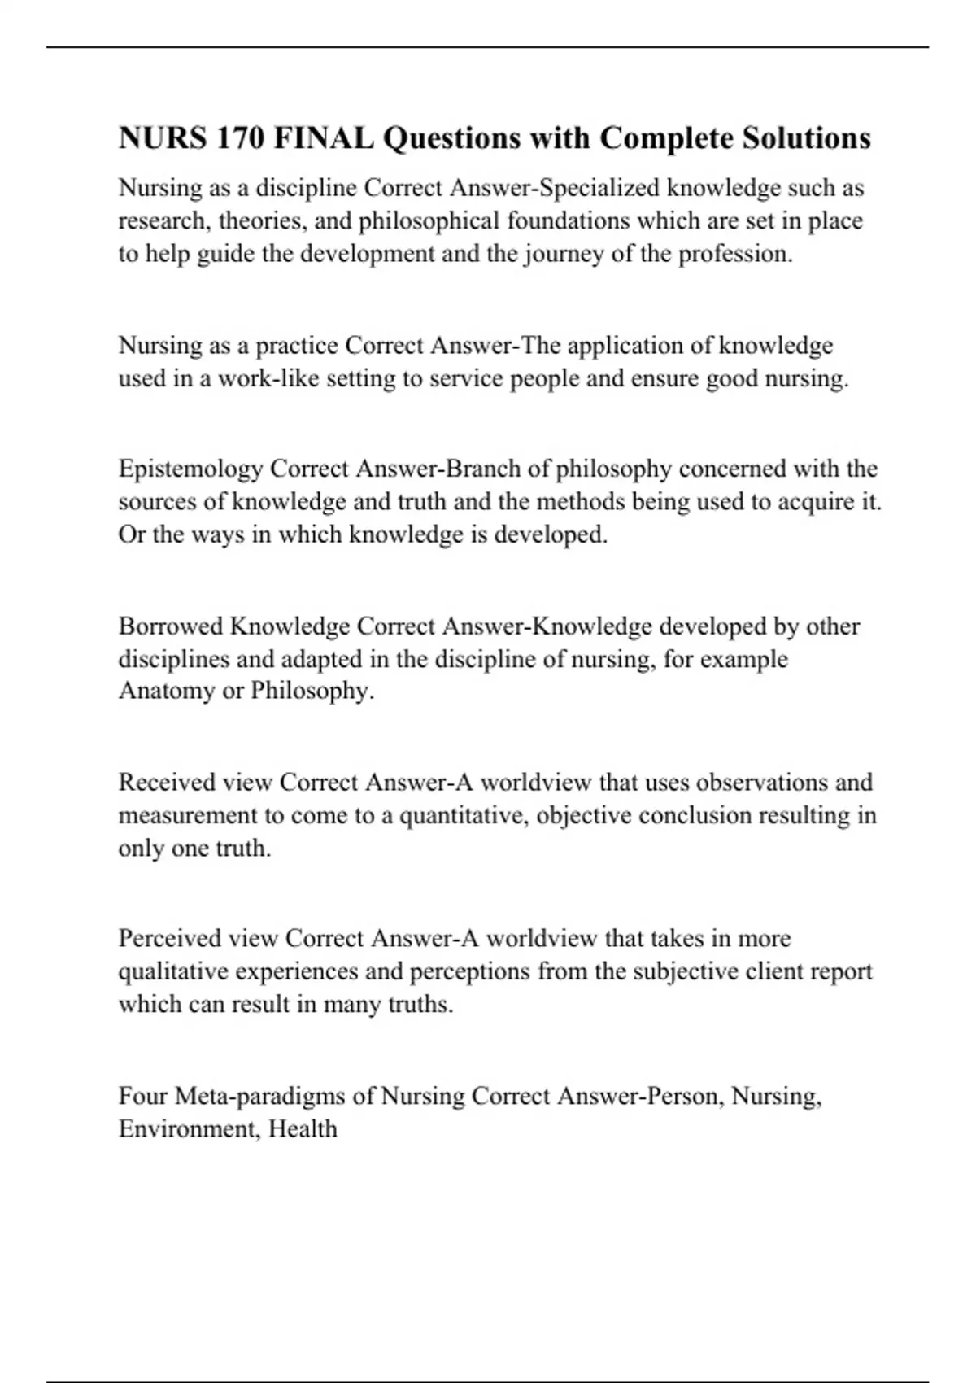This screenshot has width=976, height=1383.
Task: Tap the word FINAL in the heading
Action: point(324,138)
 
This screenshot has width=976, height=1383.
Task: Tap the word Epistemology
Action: point(191,469)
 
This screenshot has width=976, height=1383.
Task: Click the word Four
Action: point(143,1097)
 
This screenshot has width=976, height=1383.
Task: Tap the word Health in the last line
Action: point(303,1129)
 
